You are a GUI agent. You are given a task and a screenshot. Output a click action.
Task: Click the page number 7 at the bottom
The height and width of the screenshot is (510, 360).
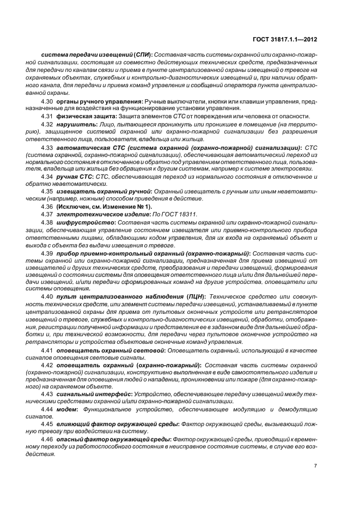pyautogui.click(x=315, y=465)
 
